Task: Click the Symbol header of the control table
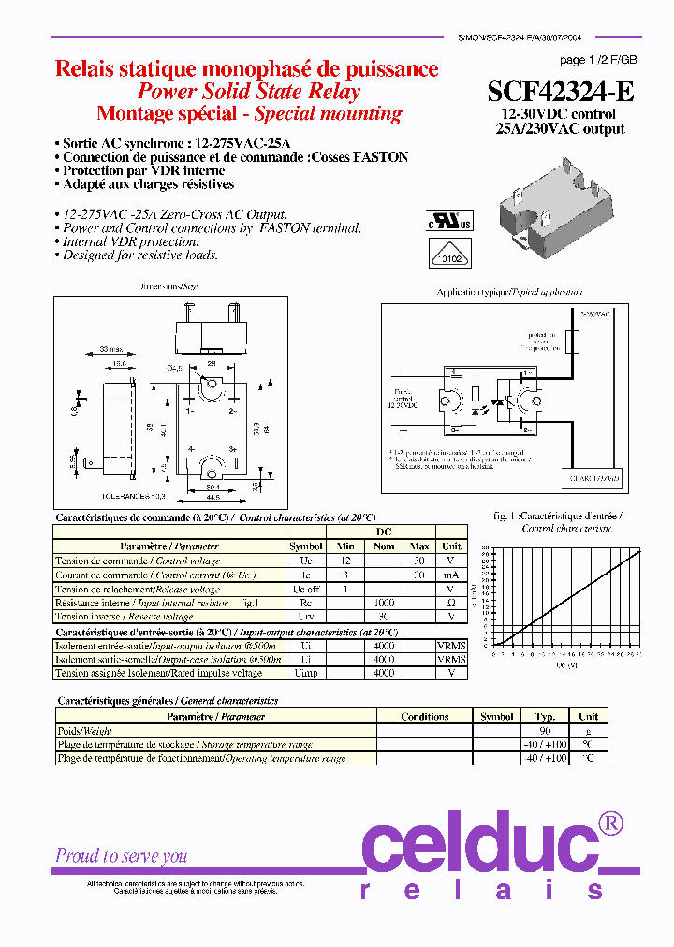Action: click(x=305, y=546)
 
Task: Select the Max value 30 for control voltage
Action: click(x=419, y=560)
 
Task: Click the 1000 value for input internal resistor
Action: click(x=384, y=604)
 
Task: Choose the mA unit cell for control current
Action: click(x=450, y=575)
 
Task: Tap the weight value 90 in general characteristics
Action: click(x=546, y=731)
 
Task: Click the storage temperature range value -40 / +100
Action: click(x=546, y=745)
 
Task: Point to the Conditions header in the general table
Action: click(x=424, y=717)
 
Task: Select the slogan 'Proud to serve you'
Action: click(x=122, y=855)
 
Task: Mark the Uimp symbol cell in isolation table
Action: click(x=305, y=673)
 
